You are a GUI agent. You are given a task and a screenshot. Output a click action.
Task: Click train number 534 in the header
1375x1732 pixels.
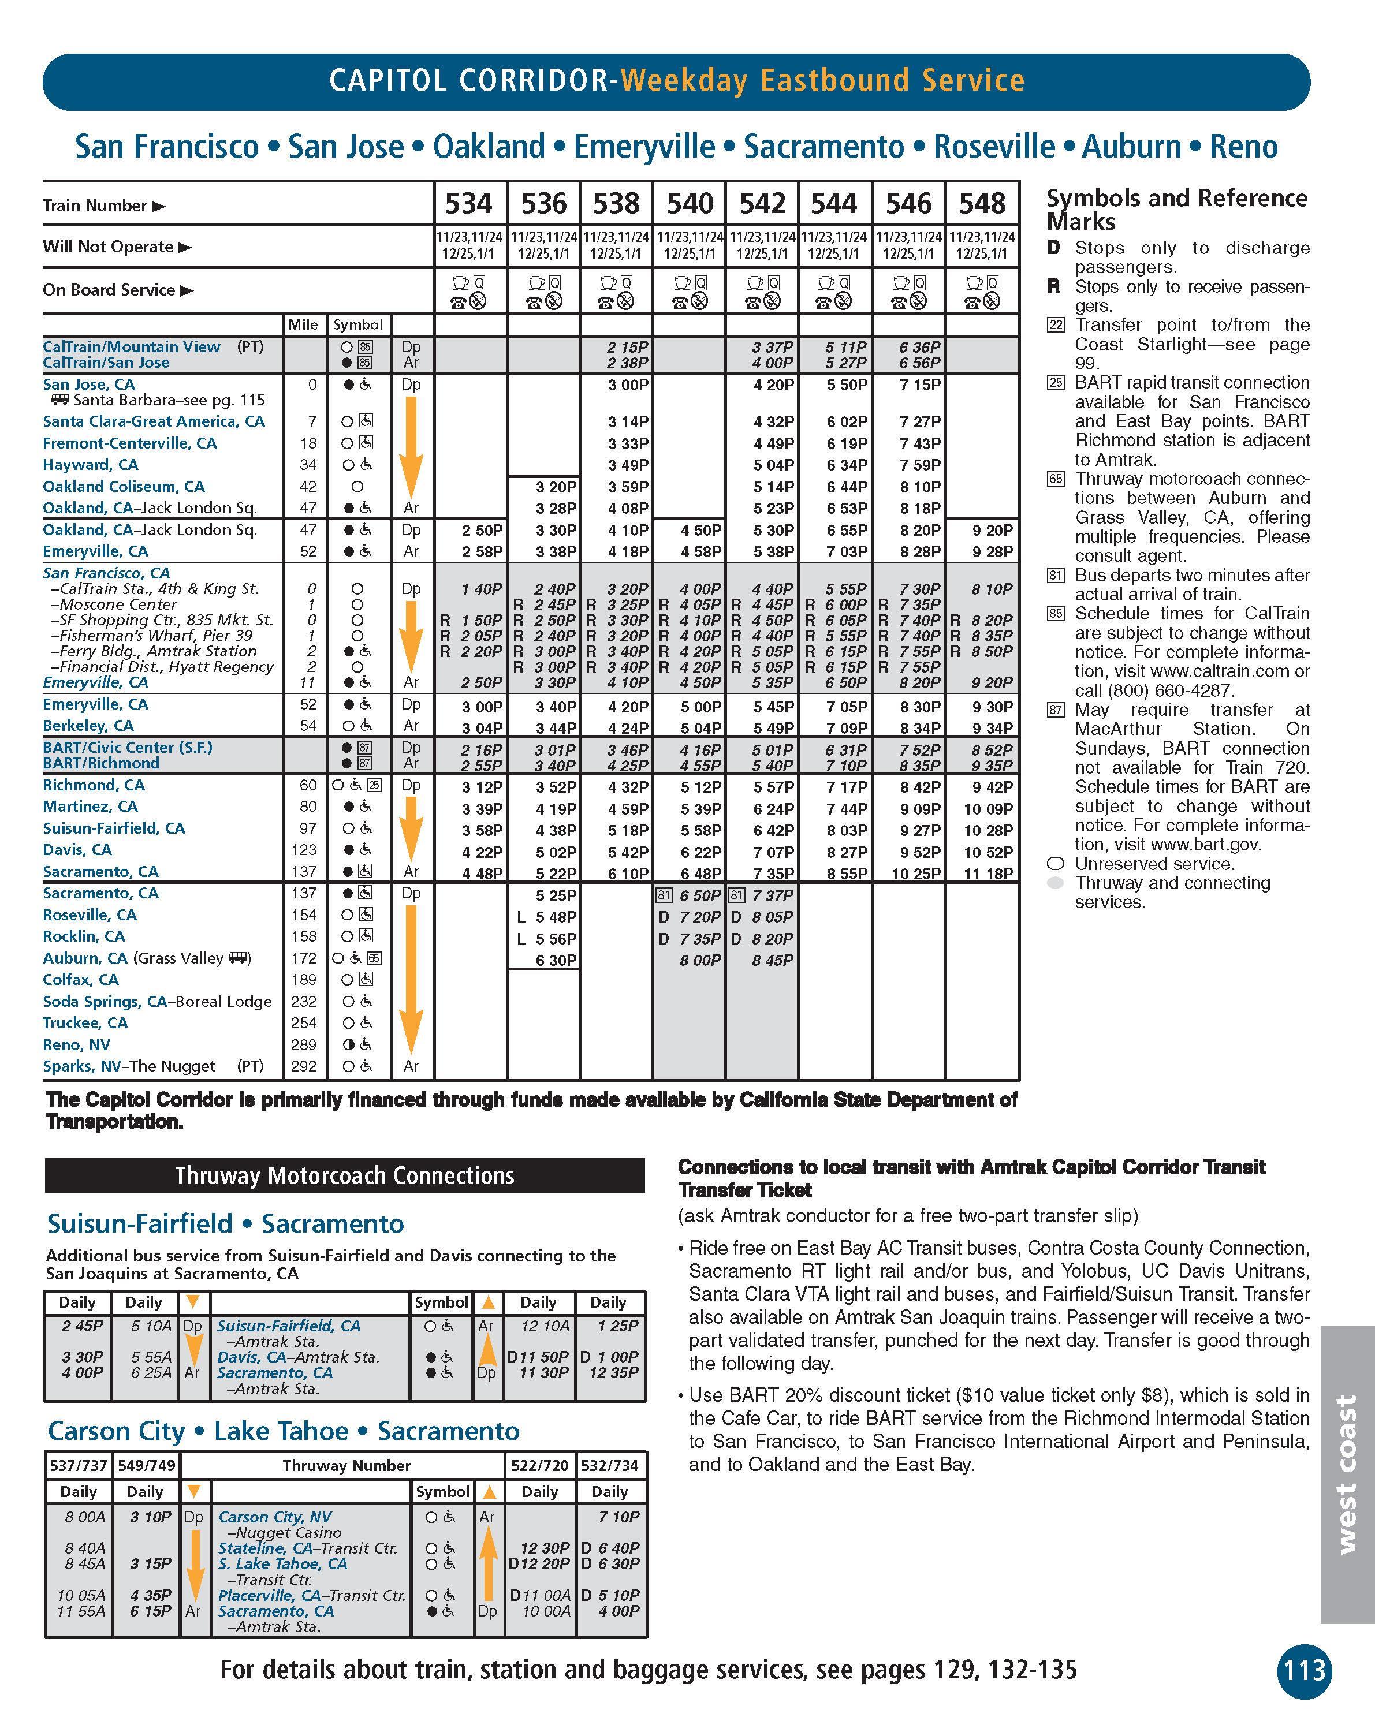pos(468,203)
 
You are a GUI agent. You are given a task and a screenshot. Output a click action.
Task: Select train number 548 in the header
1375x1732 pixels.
pos(982,203)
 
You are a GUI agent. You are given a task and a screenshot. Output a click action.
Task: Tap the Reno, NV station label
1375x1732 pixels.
pos(76,1044)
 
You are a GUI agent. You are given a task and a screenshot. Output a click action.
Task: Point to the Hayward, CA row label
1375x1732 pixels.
pos(90,464)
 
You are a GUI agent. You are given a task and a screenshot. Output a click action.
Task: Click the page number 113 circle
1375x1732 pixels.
pos(1303,1671)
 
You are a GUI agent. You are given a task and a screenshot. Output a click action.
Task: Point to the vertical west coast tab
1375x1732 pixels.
pos(1346,1474)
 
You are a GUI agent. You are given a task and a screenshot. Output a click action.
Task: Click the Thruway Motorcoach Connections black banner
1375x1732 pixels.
pos(344,1175)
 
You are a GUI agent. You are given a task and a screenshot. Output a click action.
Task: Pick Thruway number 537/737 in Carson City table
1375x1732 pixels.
pos(78,1465)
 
